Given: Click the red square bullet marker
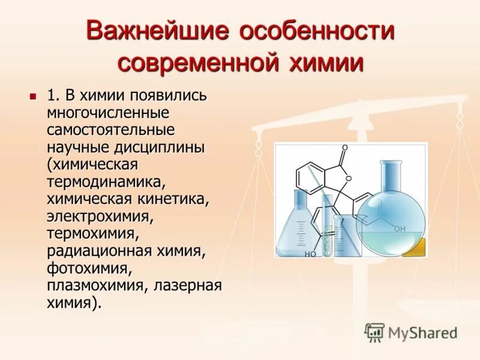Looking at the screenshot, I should pos(33,95).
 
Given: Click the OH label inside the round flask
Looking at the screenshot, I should pos(400,229).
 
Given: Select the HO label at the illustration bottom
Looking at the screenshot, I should pos(310,254).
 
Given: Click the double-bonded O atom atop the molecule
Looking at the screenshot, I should pos(344,147).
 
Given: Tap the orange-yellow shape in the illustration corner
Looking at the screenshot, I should pos(414,247).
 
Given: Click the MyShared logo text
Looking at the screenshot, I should pos(422,332).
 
